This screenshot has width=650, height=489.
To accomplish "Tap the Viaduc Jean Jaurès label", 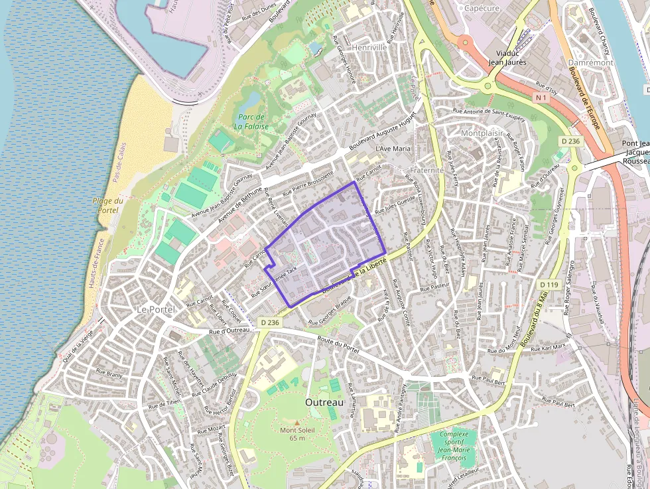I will [x=507, y=57].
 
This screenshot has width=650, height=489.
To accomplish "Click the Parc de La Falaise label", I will [x=253, y=121].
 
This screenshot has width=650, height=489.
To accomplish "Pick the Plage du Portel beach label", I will [x=107, y=206].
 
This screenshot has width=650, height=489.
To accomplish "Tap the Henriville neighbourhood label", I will [x=369, y=48].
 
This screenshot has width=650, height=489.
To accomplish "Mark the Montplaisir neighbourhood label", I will [x=481, y=133].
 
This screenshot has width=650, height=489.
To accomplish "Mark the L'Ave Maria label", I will [x=393, y=149].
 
